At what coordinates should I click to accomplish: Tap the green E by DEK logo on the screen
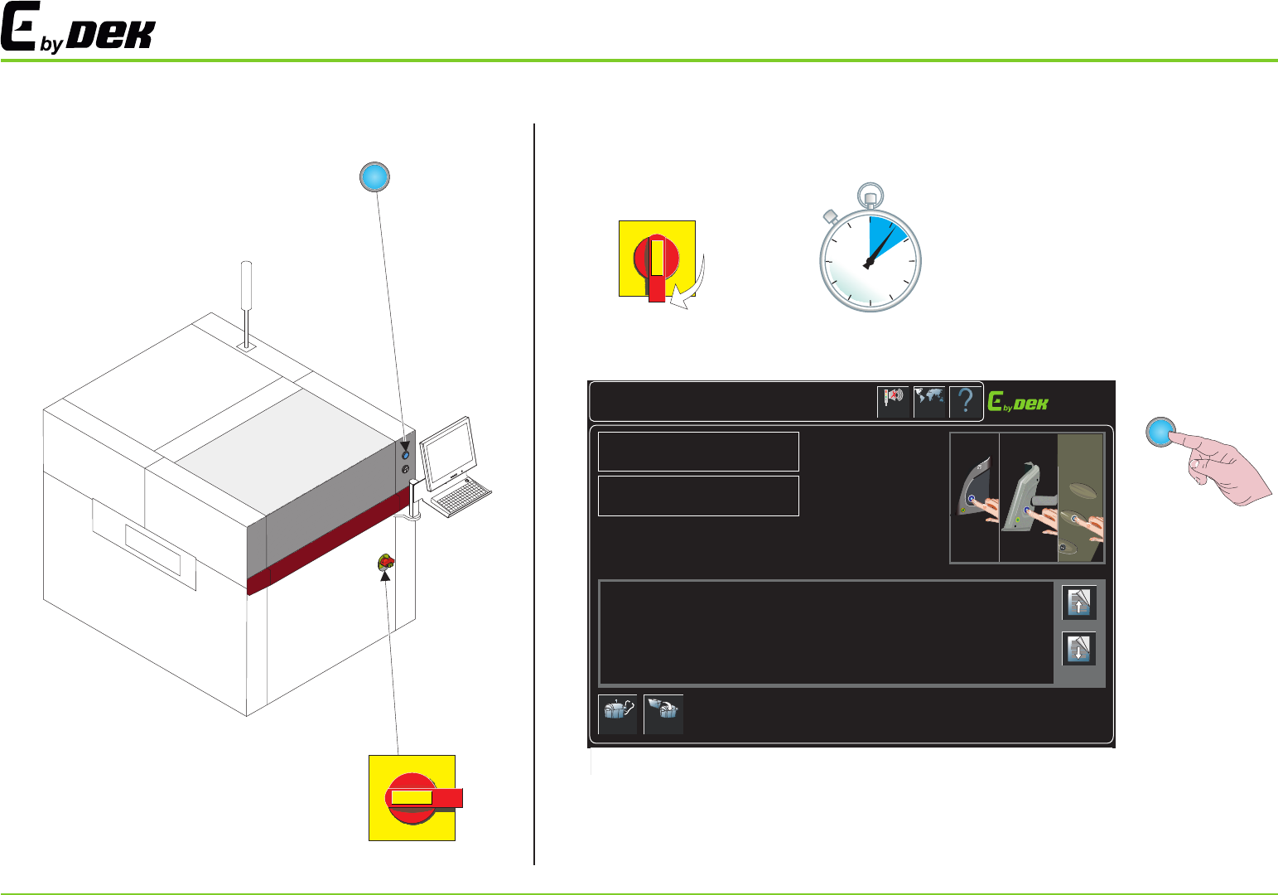coord(1018,403)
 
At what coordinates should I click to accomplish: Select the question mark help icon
coord(965,402)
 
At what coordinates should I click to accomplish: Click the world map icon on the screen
coord(929,402)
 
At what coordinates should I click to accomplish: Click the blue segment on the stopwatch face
coord(885,235)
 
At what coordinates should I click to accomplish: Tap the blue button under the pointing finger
coord(1161,432)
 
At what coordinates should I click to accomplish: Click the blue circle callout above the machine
coord(374,177)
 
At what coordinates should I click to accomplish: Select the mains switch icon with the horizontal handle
coord(412,797)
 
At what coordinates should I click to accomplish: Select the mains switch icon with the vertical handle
coord(657,259)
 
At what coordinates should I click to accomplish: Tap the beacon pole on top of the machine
coord(246,298)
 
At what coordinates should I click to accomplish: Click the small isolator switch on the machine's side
coord(386,564)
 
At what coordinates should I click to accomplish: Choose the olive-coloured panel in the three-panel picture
coord(1080,497)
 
